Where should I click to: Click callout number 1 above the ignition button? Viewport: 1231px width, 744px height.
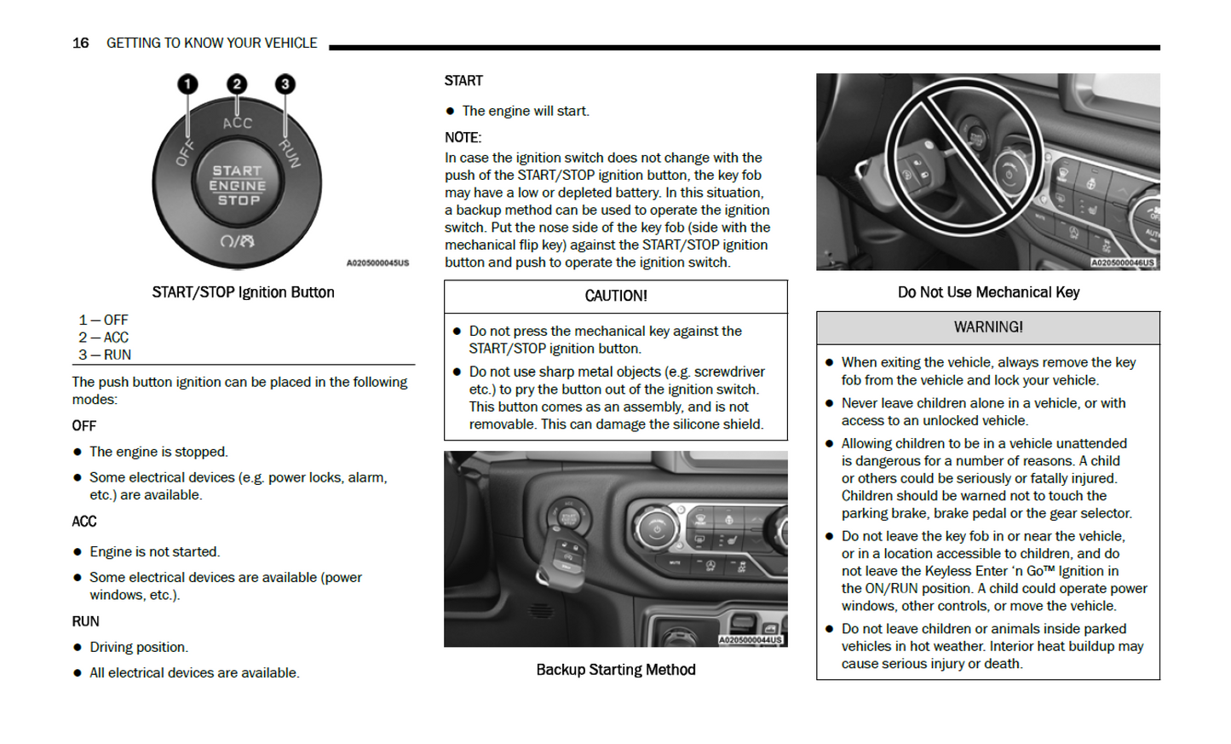187,84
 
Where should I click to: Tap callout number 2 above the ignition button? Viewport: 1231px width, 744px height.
237,84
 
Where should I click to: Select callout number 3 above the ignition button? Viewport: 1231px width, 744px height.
285,84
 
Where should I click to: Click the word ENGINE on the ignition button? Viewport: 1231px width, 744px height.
238,186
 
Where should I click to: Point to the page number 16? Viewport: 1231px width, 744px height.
80,43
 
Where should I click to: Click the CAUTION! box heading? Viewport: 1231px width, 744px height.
615,296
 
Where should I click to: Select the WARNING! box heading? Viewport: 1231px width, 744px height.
987,327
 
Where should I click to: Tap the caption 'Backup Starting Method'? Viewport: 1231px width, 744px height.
615,670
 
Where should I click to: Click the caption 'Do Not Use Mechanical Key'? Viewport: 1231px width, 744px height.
988,292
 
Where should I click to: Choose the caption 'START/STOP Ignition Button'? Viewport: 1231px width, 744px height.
243,292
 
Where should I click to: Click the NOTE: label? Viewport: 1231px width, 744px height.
463,137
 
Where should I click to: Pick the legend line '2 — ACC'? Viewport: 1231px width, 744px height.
104,337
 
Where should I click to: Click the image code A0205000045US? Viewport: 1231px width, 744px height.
377,263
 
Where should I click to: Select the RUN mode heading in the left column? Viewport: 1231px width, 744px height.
85,621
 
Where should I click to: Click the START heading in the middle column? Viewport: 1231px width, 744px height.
463,81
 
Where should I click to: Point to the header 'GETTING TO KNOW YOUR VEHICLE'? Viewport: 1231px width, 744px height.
211,43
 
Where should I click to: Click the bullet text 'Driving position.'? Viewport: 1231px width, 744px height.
139,647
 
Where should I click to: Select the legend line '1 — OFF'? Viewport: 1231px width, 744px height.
104,320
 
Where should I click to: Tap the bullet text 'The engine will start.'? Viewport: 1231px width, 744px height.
525,111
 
